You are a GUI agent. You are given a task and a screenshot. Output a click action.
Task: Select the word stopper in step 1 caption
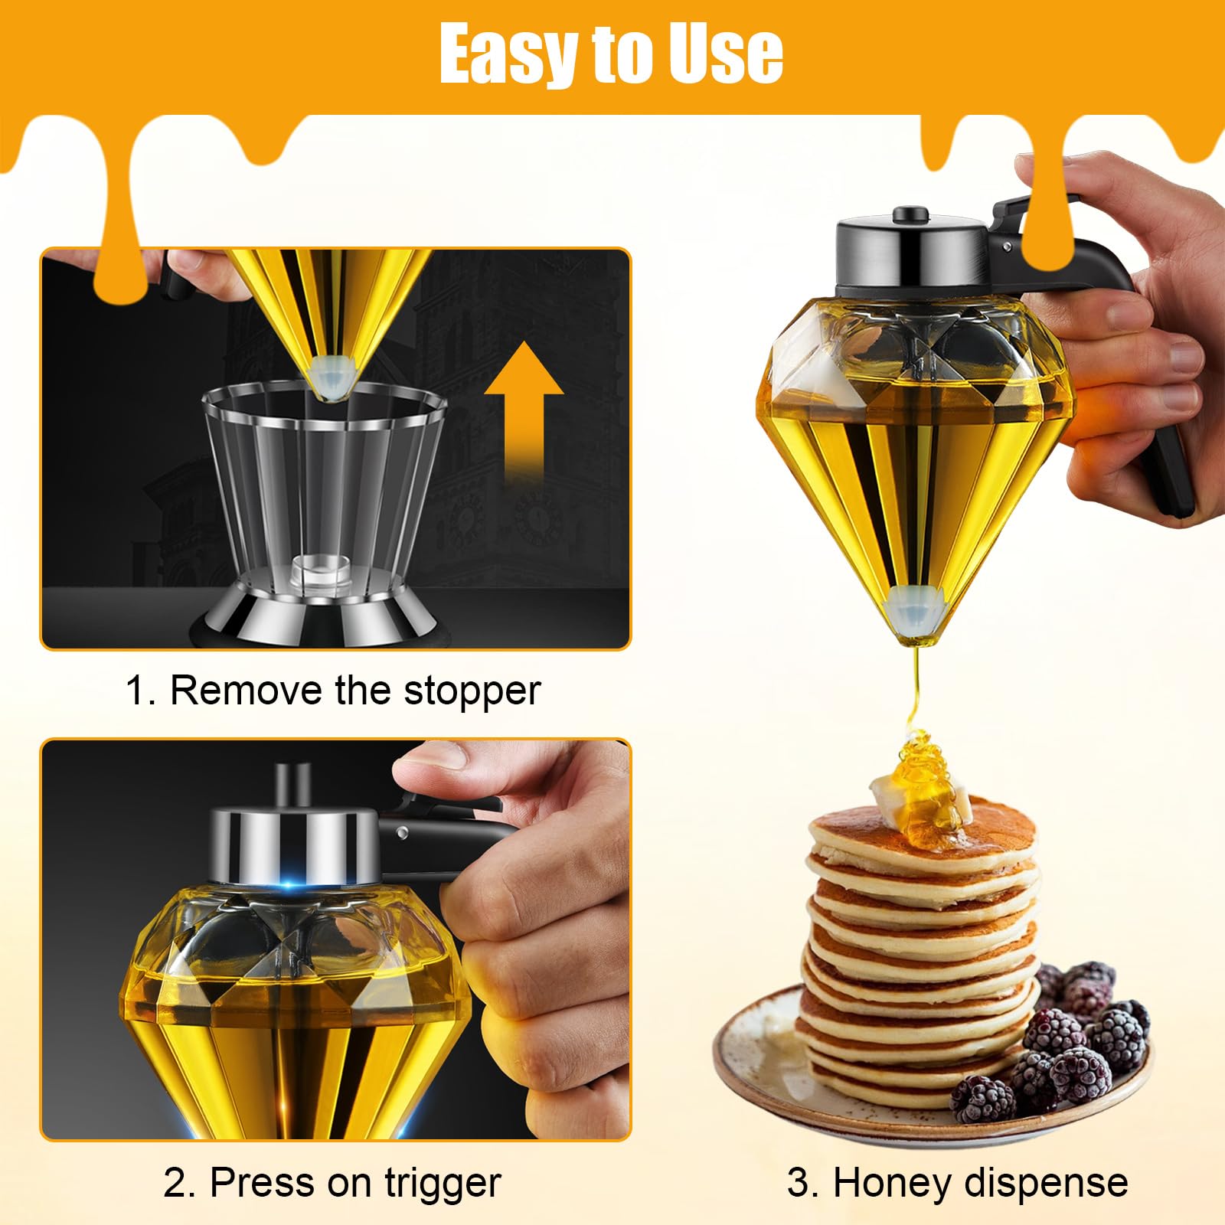pos(472,691)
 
